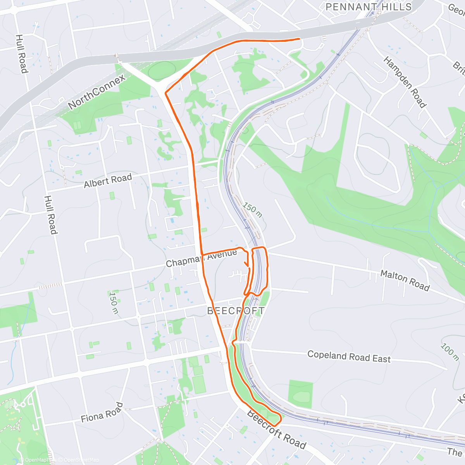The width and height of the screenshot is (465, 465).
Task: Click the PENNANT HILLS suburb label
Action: tap(369, 7)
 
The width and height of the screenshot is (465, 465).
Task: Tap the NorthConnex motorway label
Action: tap(97, 92)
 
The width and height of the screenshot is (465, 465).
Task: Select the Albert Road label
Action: tap(108, 181)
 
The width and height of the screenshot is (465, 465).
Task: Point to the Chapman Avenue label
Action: tap(201, 258)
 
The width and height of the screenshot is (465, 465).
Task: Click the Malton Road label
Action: tap(405, 280)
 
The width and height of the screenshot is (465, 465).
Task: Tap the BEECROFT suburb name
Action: tap(236, 311)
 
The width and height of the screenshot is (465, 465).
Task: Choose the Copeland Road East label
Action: tap(349, 356)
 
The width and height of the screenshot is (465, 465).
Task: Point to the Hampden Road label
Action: tap(405, 82)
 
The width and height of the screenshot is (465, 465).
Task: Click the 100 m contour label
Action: tap(449, 352)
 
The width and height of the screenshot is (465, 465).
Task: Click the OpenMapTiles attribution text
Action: tap(40, 460)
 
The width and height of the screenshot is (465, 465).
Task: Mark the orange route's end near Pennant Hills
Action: tap(299, 39)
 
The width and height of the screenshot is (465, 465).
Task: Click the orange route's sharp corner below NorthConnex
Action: tap(166, 93)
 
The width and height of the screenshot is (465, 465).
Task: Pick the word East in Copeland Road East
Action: tap(381, 359)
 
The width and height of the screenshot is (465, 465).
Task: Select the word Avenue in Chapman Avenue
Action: tap(222, 255)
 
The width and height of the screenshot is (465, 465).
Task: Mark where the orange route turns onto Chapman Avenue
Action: tap(202, 254)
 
